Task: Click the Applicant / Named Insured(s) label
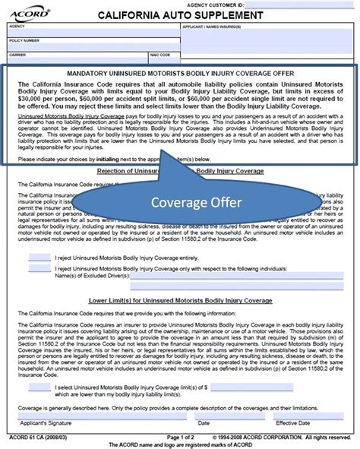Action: coord(213,25)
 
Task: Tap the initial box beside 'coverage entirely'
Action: coord(39,259)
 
